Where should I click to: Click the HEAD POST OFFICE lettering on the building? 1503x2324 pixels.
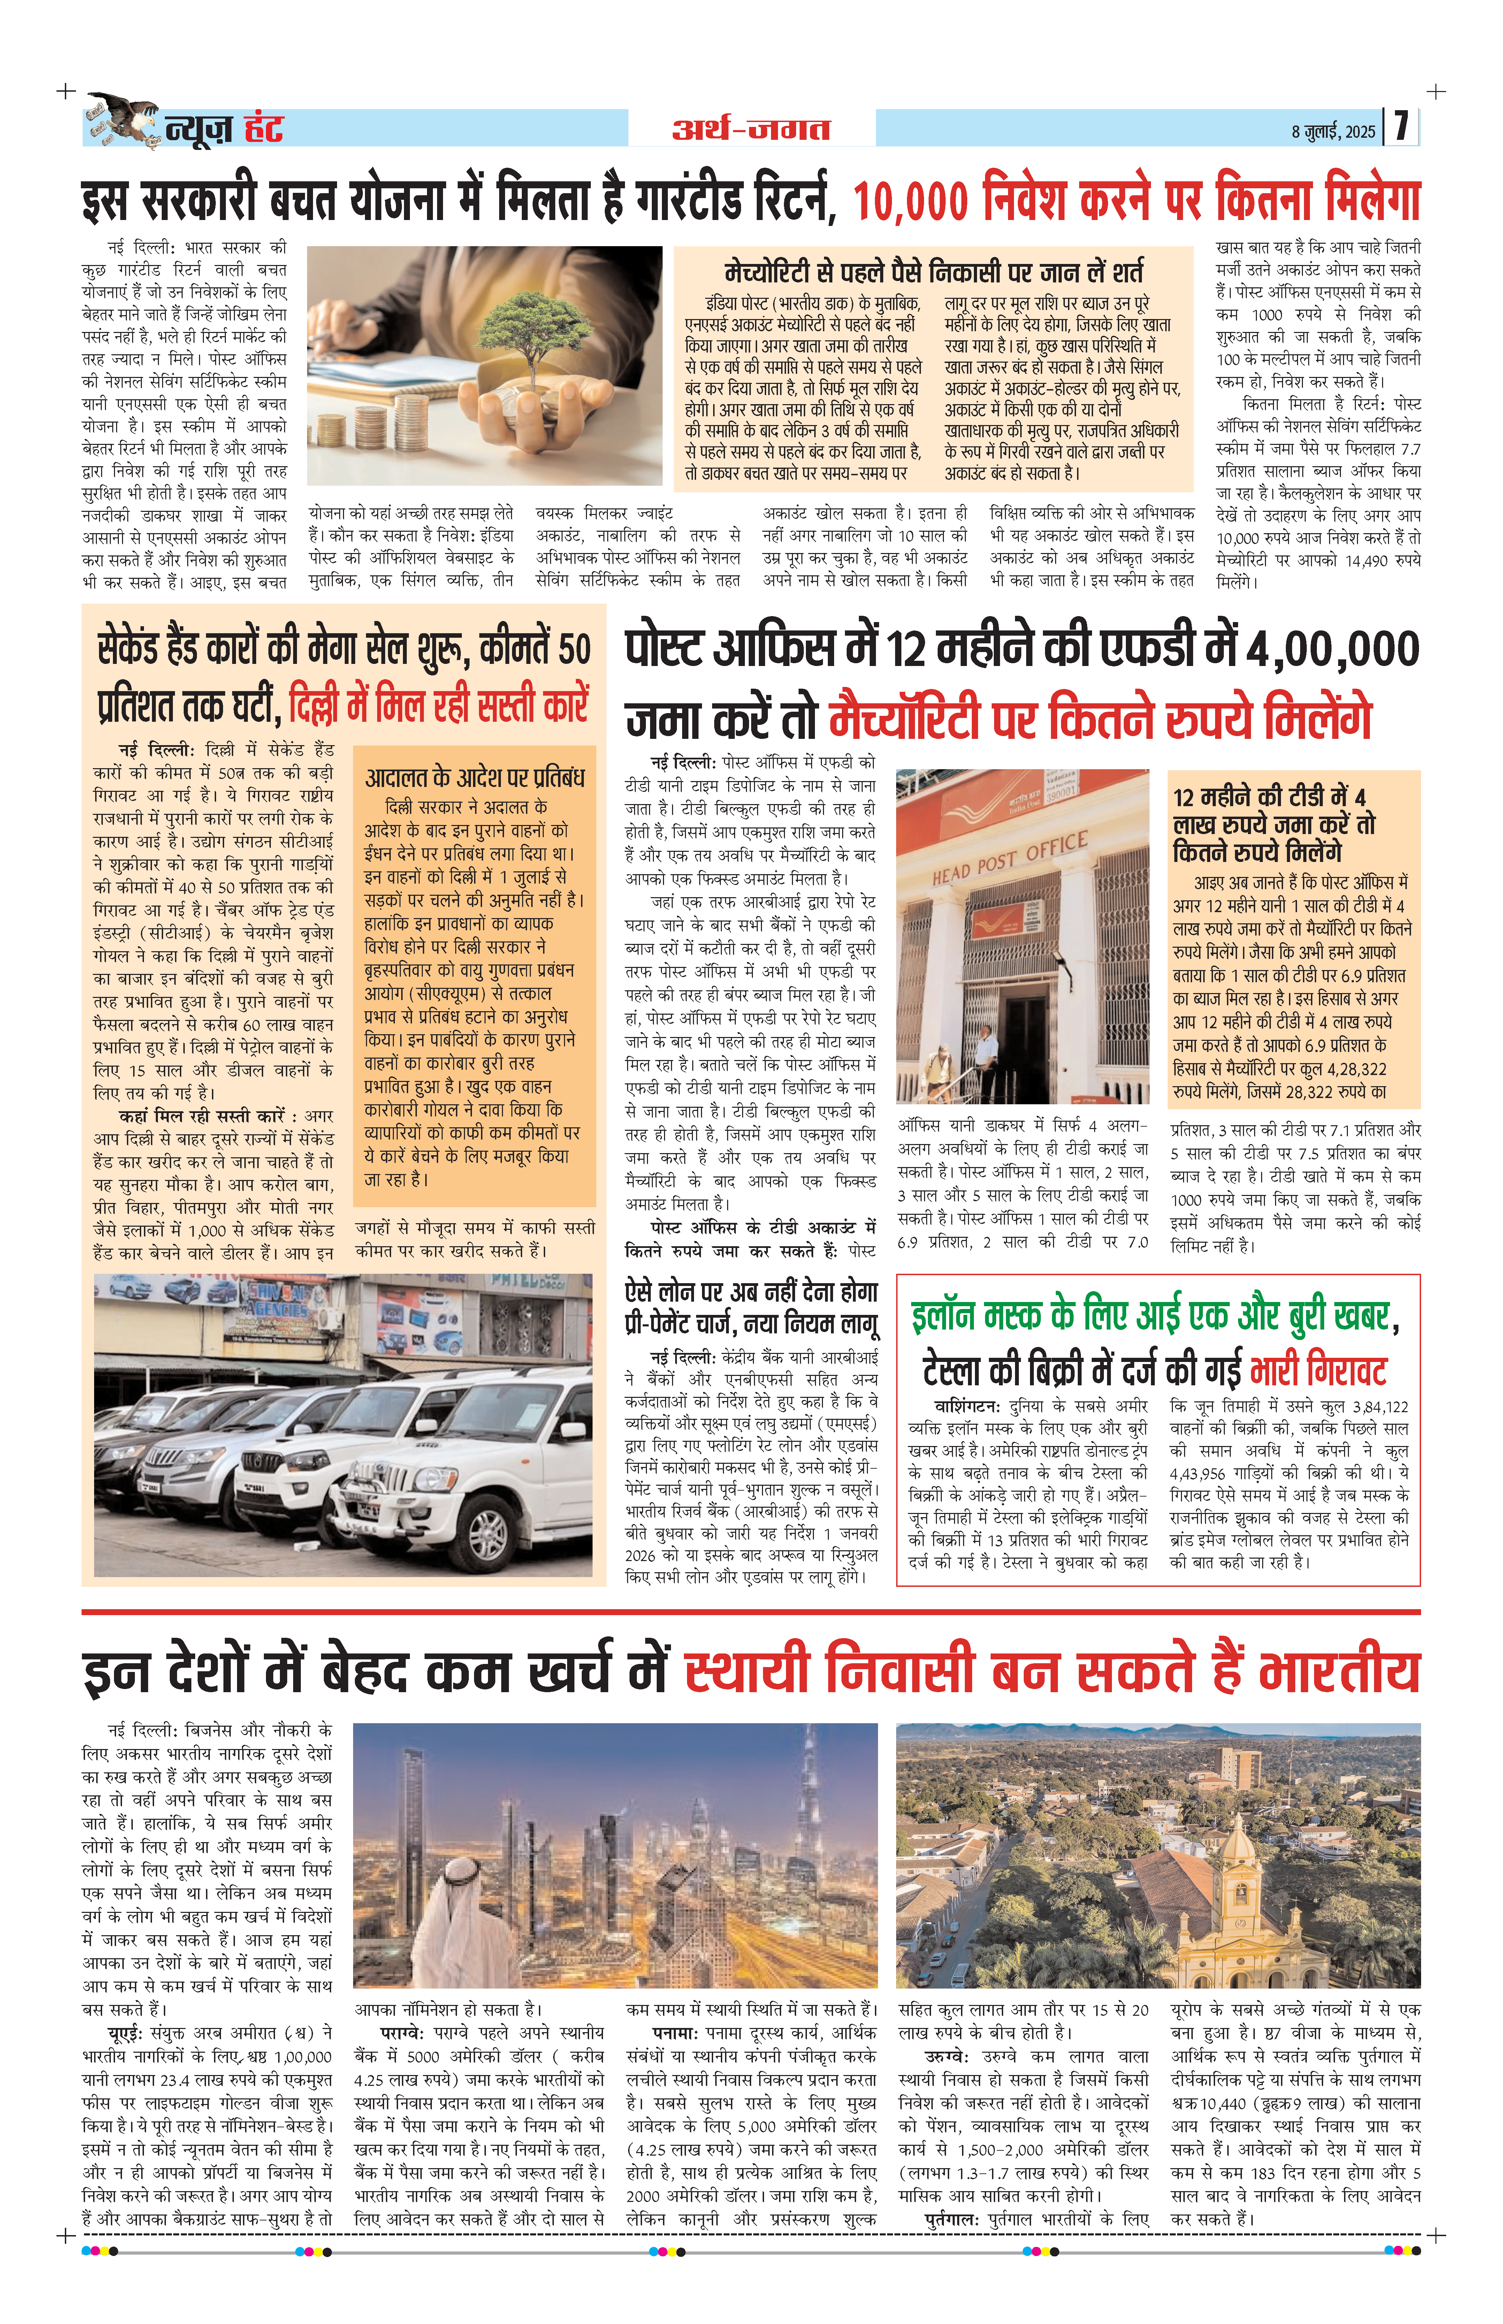(x=1009, y=858)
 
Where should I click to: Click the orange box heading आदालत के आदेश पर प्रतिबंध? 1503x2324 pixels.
(x=474, y=778)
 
